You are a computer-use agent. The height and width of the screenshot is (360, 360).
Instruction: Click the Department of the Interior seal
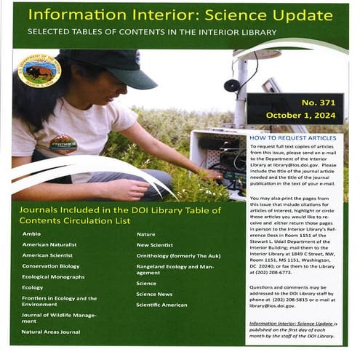click(x=39, y=71)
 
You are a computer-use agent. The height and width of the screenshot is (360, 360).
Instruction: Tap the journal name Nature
click(x=147, y=234)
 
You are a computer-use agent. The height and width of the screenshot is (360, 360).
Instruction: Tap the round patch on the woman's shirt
click(x=63, y=143)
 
